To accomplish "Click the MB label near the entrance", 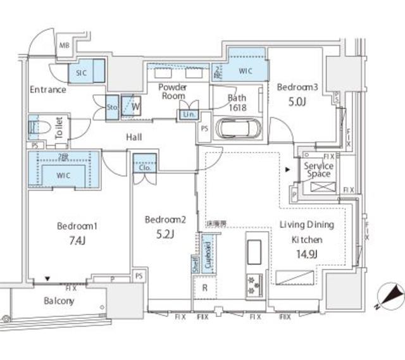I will click(x=65, y=46).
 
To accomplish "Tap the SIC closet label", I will click(x=81, y=73).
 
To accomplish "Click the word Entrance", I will click(x=48, y=90).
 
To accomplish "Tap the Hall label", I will click(x=133, y=137).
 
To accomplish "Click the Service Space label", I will click(x=318, y=170).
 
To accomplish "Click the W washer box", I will click(x=135, y=106).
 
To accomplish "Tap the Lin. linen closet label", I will click(x=189, y=115).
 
